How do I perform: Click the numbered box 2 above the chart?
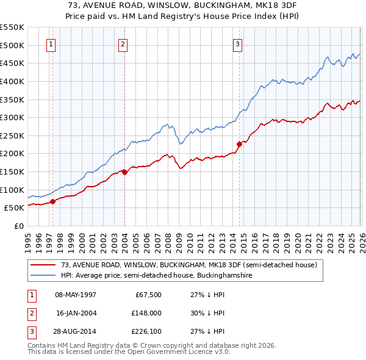pos(123,43)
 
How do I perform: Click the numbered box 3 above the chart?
pos(237,43)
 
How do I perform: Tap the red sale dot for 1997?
pos(53,201)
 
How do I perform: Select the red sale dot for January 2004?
pos(124,172)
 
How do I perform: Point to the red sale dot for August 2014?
pos(239,144)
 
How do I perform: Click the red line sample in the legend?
pos(43,265)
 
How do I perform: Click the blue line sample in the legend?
pos(43,276)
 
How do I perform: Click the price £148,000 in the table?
pos(146,314)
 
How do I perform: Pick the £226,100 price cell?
pos(146,333)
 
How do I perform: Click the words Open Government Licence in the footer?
pos(170,352)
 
